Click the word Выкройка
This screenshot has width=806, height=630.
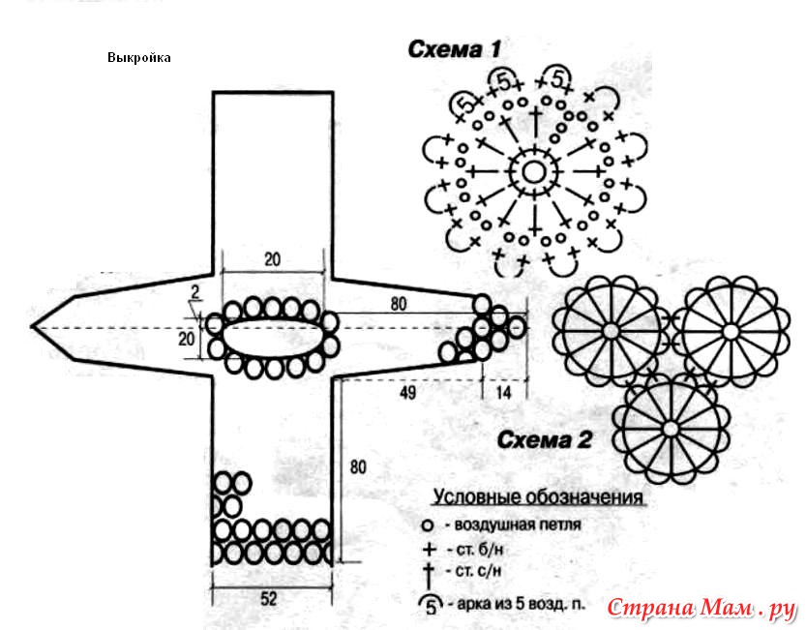click(139, 57)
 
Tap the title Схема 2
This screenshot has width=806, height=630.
click(544, 441)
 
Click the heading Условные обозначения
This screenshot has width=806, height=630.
click(538, 498)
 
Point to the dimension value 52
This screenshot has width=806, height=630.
click(269, 598)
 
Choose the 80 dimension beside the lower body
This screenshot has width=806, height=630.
click(358, 467)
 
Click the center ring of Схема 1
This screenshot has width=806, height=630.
click(533, 172)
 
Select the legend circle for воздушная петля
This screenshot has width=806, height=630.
click(428, 526)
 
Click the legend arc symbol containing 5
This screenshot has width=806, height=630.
click(429, 604)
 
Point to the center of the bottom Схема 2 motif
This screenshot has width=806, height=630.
click(669, 426)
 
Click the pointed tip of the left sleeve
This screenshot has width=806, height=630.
click(34, 326)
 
